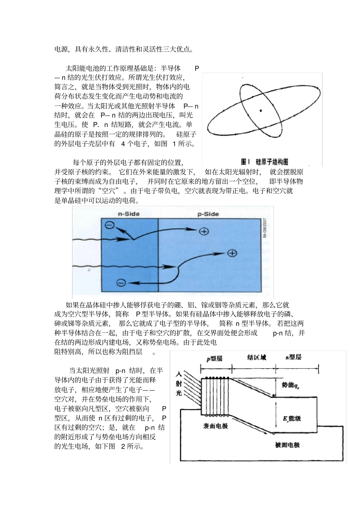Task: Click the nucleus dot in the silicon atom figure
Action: [261, 110]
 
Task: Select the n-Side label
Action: [129, 214]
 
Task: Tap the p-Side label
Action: [208, 214]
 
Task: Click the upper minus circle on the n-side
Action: [110, 225]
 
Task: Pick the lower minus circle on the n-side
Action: [121, 282]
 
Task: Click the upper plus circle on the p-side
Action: [204, 231]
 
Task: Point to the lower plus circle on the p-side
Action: [232, 253]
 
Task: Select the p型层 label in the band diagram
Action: [214, 358]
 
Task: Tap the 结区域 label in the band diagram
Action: [257, 358]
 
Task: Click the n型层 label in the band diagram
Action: [293, 357]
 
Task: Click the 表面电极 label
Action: [216, 425]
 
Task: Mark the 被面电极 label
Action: [287, 445]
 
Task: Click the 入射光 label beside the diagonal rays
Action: [179, 383]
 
